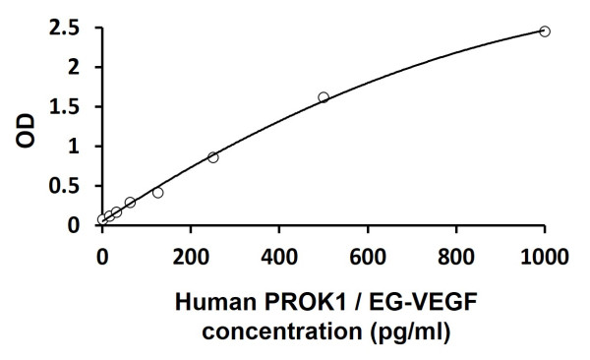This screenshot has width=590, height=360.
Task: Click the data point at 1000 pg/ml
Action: (x=545, y=31)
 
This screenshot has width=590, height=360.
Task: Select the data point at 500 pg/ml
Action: (x=324, y=97)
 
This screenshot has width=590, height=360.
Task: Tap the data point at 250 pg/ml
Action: (x=213, y=157)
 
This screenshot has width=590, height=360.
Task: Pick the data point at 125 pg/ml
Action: (x=158, y=193)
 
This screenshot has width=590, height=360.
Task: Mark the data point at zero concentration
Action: (x=102, y=219)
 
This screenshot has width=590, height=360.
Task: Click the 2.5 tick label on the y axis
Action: (x=68, y=29)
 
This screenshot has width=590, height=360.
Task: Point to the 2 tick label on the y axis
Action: (x=75, y=68)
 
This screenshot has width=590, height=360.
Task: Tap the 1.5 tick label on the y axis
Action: (x=68, y=107)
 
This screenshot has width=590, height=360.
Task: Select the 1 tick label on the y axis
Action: (x=75, y=147)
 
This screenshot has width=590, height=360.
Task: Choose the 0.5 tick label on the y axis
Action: (x=68, y=186)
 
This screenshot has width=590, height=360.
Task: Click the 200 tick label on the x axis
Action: (x=191, y=258)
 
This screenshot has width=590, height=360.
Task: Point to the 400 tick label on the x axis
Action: (x=279, y=258)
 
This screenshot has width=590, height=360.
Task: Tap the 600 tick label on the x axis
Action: (x=368, y=258)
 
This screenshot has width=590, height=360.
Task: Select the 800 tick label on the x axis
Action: (x=456, y=258)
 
